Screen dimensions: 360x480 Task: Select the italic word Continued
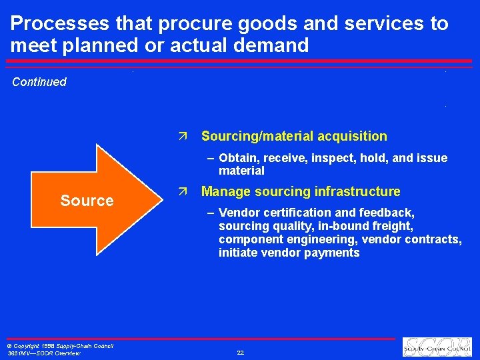coord(39,82)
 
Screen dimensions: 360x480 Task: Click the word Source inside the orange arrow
coord(87,201)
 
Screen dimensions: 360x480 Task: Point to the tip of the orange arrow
coord(165,200)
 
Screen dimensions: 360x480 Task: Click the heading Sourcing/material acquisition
coord(294,136)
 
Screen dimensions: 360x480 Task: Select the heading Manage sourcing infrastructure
coord(301,192)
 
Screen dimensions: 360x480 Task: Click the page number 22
coord(240,352)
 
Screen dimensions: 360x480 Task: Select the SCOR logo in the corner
coord(436,347)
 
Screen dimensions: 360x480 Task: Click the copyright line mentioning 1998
coord(59,345)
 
